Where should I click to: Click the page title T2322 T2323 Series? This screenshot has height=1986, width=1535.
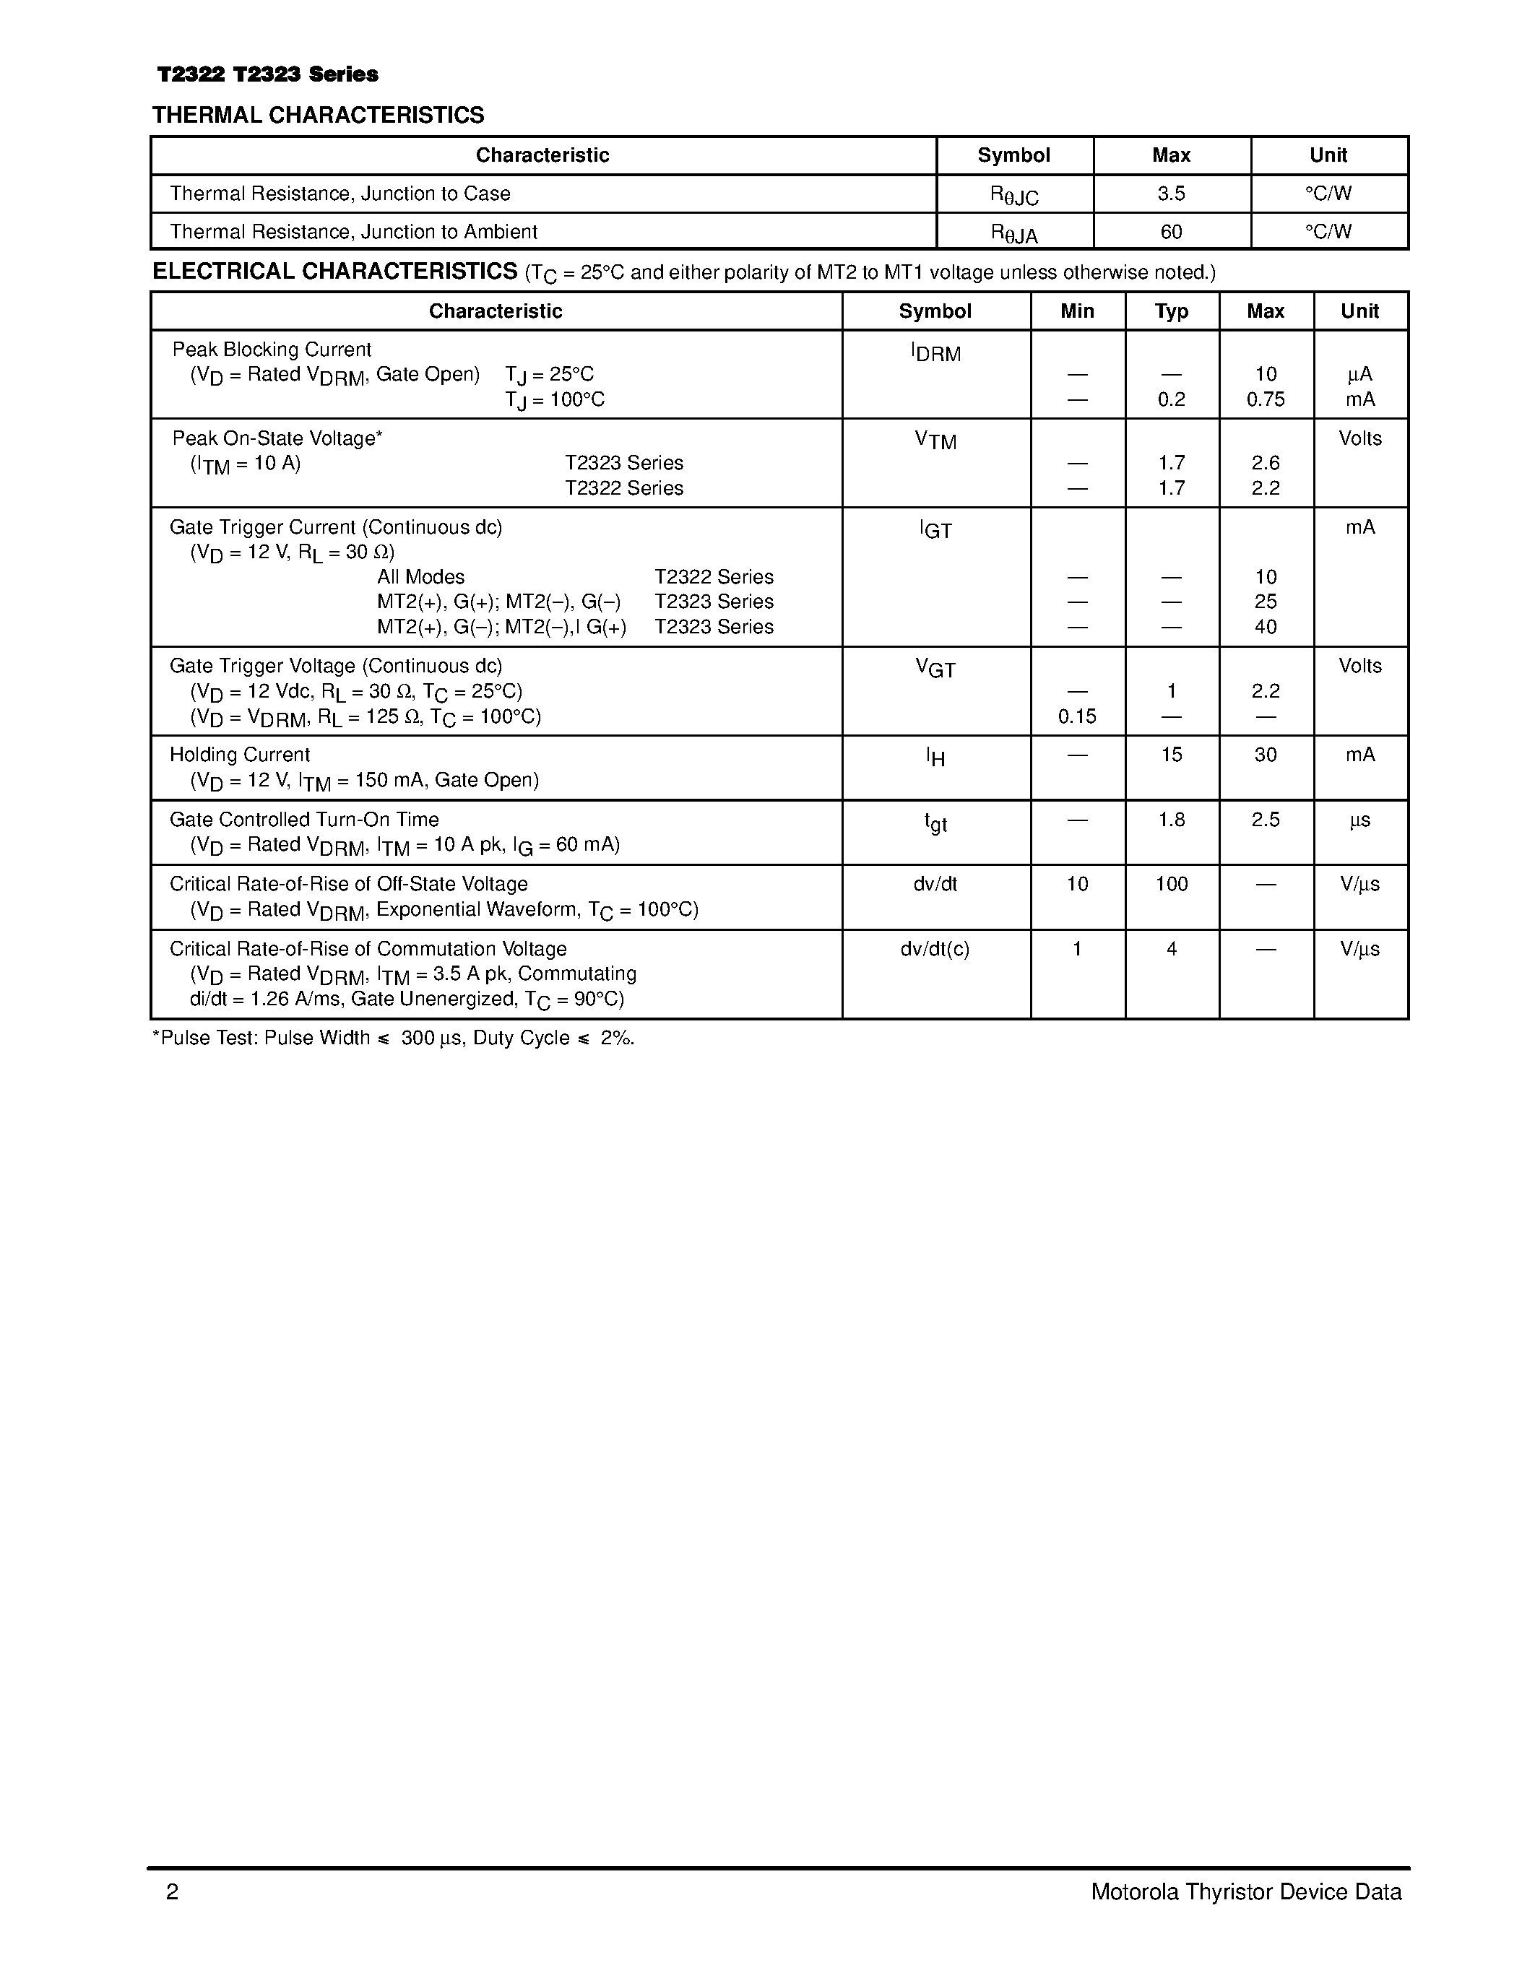point(267,74)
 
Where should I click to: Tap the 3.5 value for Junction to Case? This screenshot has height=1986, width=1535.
point(1171,194)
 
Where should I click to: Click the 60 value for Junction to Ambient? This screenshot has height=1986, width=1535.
point(1171,232)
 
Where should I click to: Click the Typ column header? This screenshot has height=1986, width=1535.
point(1171,311)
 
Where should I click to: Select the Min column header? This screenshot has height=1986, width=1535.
point(1077,311)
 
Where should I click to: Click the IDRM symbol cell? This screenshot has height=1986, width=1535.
point(935,353)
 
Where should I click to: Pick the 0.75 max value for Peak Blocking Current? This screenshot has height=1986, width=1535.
point(1265,399)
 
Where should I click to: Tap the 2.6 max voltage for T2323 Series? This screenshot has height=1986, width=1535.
point(1265,463)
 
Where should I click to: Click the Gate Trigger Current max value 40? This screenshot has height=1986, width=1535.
point(1265,627)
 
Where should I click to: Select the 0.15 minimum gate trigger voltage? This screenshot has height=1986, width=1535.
point(1077,716)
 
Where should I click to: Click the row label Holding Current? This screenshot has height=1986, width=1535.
point(239,755)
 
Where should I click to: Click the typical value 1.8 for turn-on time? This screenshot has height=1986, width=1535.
point(1171,820)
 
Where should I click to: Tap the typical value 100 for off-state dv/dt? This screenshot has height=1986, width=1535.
point(1171,884)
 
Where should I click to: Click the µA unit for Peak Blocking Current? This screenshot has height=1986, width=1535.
point(1359,375)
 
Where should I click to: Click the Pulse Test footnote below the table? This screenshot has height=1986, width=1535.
point(393,1038)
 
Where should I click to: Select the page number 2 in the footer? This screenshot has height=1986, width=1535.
point(173,1892)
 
